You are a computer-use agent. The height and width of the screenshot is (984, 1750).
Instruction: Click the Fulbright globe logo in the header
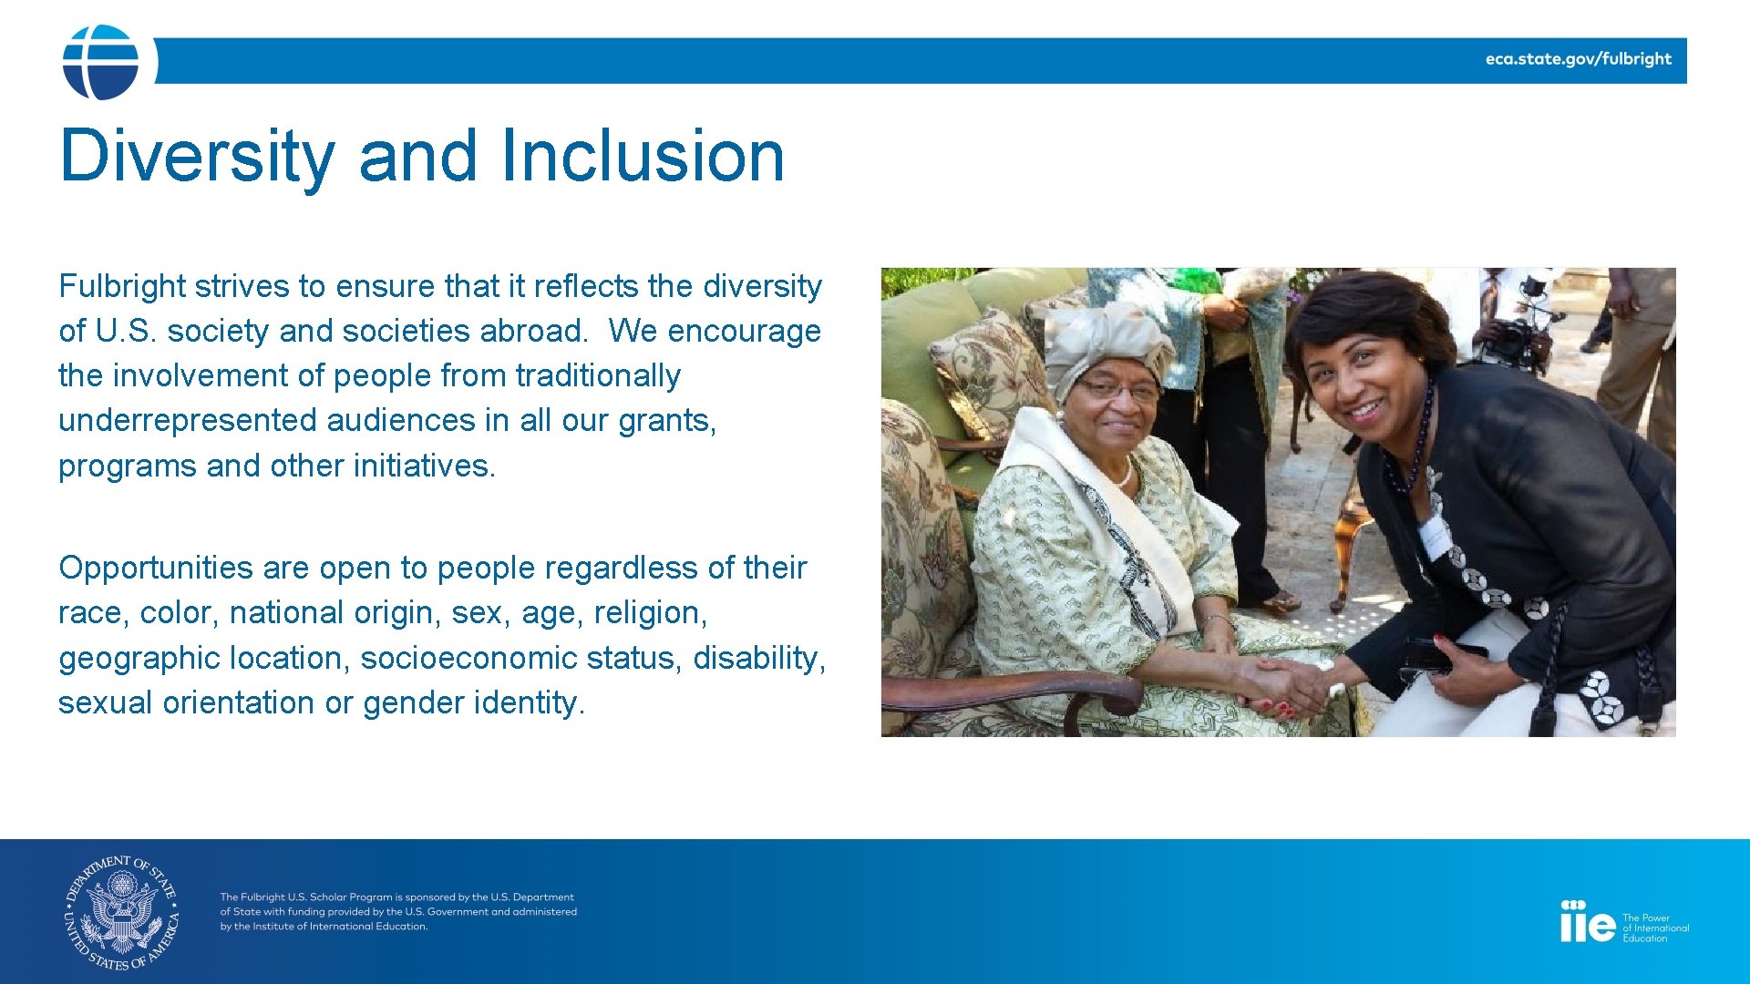pyautogui.click(x=100, y=62)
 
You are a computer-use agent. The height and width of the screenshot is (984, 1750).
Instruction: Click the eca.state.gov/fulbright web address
pyautogui.click(x=1578, y=59)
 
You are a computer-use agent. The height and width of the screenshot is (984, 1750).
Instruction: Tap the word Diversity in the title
pyautogui.click(x=197, y=156)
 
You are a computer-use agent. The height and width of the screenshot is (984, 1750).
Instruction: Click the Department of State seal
pyautogui.click(x=122, y=912)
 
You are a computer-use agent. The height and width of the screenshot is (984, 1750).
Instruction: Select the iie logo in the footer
pyautogui.click(x=1587, y=923)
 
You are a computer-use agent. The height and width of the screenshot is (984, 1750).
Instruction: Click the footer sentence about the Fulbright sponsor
pyautogui.click(x=397, y=911)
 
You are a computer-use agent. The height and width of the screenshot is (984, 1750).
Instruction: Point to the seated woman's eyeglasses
pyautogui.click(x=1119, y=392)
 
